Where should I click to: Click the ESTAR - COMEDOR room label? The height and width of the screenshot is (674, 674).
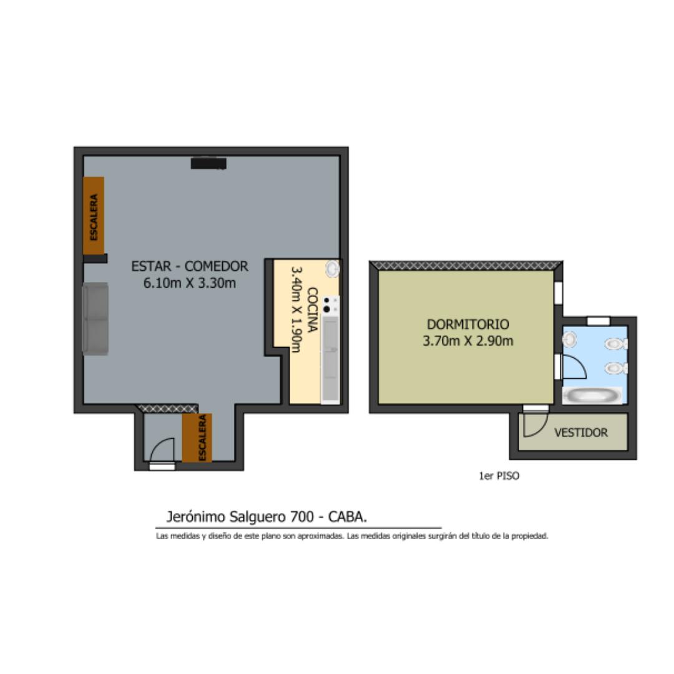click(x=190, y=266)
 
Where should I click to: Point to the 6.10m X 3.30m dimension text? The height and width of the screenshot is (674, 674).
click(x=190, y=283)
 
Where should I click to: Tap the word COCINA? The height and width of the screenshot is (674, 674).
click(x=313, y=310)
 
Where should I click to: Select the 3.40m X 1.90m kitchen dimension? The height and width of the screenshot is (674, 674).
click(x=296, y=310)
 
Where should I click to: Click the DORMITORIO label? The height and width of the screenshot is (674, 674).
click(x=467, y=324)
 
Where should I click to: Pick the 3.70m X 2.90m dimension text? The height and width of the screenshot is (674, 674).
click(x=467, y=341)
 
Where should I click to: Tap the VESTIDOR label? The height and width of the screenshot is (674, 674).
click(x=581, y=432)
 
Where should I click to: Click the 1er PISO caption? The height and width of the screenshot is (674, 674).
click(x=499, y=476)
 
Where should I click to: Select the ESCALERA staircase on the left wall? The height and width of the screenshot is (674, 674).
click(x=94, y=215)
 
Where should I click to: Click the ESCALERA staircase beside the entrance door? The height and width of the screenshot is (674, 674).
click(x=197, y=438)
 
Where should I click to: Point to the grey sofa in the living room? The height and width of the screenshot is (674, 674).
click(x=95, y=319)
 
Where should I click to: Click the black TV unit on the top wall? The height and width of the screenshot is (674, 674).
click(x=208, y=164)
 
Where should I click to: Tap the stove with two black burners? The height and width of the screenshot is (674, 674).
click(x=331, y=305)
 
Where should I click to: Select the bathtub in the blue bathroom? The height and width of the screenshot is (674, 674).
click(x=592, y=396)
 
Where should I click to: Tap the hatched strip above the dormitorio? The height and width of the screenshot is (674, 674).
click(x=466, y=266)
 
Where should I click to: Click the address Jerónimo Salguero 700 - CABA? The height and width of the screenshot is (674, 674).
click(x=266, y=517)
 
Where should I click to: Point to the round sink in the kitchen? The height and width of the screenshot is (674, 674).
click(x=332, y=269)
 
